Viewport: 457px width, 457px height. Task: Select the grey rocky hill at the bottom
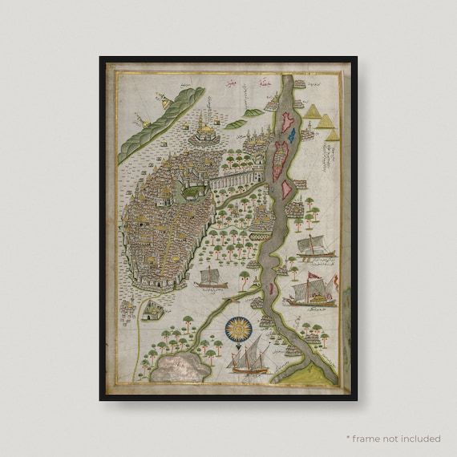click(184, 367)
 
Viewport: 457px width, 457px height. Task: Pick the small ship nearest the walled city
click(208, 279)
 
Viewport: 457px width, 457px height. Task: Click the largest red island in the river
click(281, 157)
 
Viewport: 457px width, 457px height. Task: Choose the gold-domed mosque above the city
click(206, 127)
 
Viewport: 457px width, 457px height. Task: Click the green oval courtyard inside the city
click(192, 191)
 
